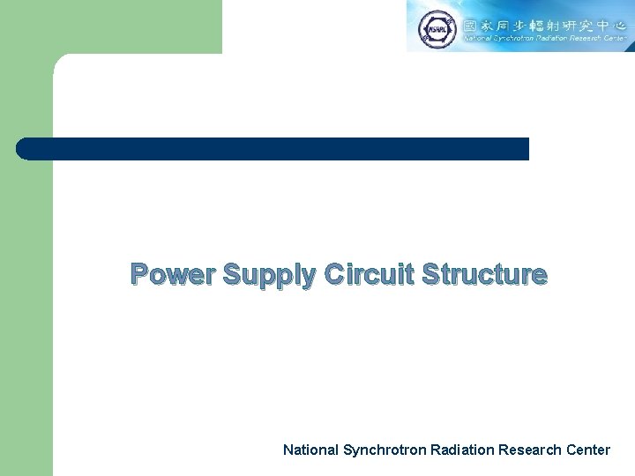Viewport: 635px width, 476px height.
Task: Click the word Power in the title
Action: tap(173, 275)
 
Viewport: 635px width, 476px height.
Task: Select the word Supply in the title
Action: tap(269, 276)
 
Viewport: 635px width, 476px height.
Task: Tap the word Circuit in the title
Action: tap(370, 274)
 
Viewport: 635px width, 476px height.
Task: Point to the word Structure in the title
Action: tap(485, 274)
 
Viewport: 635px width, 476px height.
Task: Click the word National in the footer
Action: tap(310, 450)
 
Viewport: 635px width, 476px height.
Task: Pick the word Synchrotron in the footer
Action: tap(385, 450)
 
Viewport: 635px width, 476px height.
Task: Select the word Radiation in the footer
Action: tap(462, 450)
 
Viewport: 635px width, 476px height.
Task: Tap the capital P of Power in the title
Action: tap(140, 275)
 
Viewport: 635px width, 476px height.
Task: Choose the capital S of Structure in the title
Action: tap(432, 274)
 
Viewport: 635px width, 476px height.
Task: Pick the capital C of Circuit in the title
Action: tap(336, 274)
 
